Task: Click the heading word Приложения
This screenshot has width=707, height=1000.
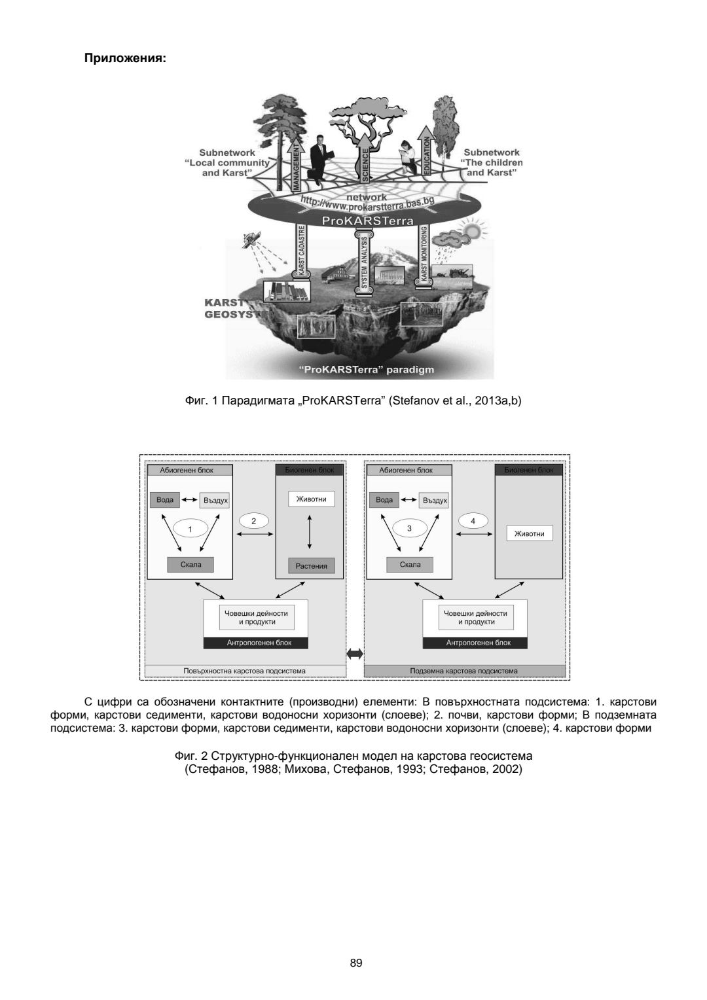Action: [125, 58]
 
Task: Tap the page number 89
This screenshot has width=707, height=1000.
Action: [356, 963]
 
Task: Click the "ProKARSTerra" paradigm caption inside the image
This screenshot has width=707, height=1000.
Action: [366, 370]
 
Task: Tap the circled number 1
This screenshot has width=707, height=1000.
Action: [190, 529]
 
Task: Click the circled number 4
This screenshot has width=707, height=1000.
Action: [473, 521]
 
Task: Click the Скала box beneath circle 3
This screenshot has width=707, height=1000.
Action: [410, 565]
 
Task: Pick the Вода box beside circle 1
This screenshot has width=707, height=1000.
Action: [165, 500]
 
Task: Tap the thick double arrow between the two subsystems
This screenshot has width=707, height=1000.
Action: [354, 652]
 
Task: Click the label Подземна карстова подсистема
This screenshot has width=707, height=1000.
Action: [463, 671]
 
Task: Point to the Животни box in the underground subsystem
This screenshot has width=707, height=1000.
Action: [529, 533]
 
